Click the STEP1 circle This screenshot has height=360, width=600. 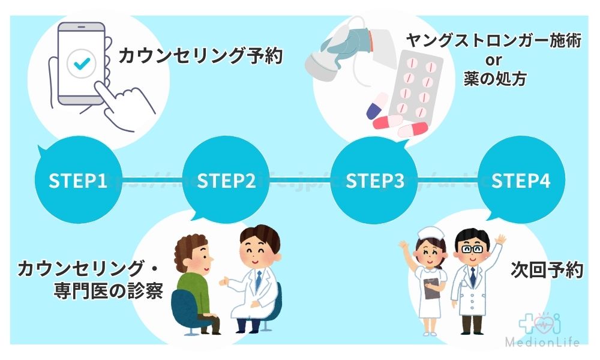click(78, 181)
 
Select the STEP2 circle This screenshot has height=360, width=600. click(226, 181)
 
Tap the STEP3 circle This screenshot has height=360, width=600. click(375, 181)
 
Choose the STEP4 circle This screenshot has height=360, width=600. click(521, 181)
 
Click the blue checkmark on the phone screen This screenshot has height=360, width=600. click(79, 63)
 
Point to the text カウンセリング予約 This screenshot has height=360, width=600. click(200, 57)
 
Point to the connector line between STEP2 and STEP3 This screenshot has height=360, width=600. click(301, 180)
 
